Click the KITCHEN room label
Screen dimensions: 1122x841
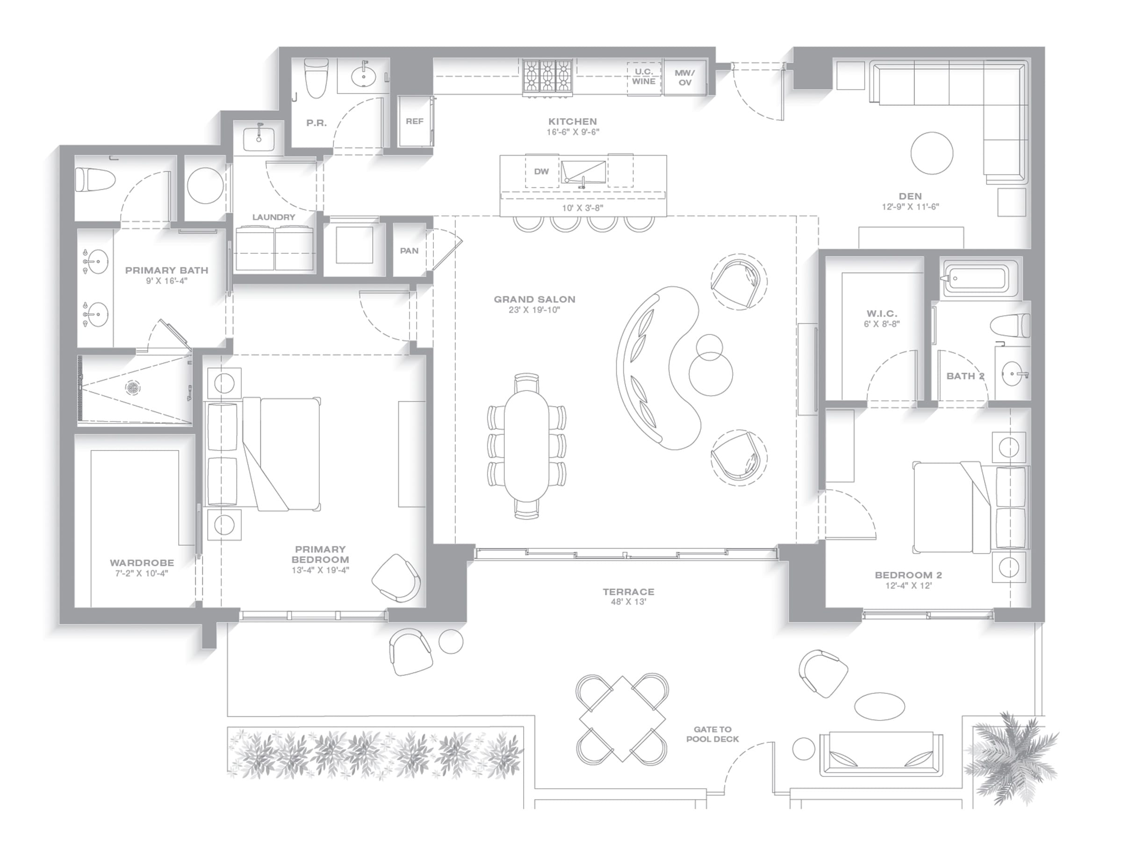click(x=573, y=121)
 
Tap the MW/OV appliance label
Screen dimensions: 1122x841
click(x=685, y=78)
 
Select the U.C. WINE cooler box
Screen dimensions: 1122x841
click(x=644, y=78)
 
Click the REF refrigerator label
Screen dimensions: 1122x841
click(x=414, y=121)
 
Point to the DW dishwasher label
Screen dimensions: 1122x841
click(x=542, y=171)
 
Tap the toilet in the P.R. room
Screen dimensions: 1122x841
click(x=316, y=78)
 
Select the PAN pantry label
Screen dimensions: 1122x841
click(x=410, y=250)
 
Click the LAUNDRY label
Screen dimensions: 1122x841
click(x=274, y=217)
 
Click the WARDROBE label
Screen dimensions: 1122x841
click(x=142, y=563)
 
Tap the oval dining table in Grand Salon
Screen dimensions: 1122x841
click(x=527, y=446)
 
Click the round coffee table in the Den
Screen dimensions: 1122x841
click(x=932, y=153)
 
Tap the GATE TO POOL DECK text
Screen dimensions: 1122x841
click(x=712, y=734)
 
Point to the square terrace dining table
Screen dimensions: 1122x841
click(x=622, y=719)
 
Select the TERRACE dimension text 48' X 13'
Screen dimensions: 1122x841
click(x=628, y=602)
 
